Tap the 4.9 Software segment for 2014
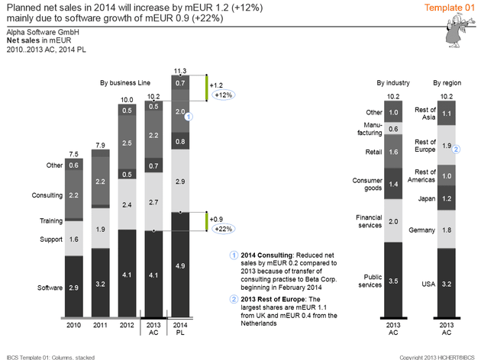coord(180,265)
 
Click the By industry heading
coord(392,82)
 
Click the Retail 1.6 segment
coord(392,152)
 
